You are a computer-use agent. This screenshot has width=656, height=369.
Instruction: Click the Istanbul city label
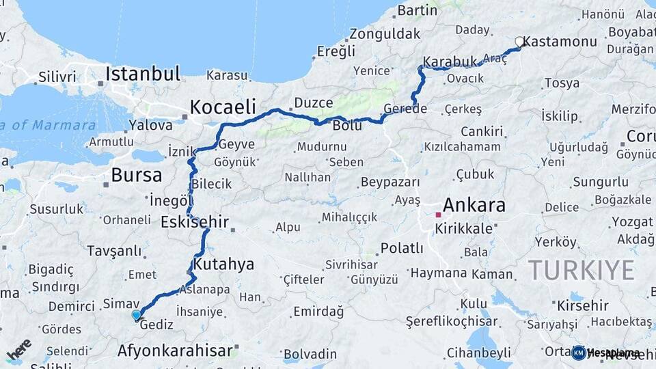(143, 74)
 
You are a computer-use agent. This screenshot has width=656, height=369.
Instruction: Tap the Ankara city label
(474, 205)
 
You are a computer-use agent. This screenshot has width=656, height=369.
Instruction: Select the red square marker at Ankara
(438, 215)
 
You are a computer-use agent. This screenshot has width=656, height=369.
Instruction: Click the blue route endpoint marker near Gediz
(137, 315)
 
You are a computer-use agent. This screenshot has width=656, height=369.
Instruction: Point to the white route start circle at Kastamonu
(519, 42)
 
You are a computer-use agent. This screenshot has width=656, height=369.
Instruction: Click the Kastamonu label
(560, 42)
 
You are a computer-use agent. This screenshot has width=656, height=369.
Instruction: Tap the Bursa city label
(137, 176)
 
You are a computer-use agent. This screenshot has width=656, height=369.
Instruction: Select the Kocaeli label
(223, 107)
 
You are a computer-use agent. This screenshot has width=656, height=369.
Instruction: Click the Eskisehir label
(195, 222)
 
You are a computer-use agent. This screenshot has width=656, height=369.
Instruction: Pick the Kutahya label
(223, 264)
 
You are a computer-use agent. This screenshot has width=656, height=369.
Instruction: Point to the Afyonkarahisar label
(175, 351)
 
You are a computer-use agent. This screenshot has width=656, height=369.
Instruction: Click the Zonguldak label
(385, 33)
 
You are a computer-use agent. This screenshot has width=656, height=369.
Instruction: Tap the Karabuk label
(450, 62)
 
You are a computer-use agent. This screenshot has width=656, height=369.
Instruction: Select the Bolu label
(347, 126)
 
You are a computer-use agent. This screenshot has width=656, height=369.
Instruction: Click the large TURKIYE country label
(582, 270)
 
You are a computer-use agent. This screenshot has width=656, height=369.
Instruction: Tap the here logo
(19, 348)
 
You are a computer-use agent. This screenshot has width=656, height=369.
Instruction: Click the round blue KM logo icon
(579, 353)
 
